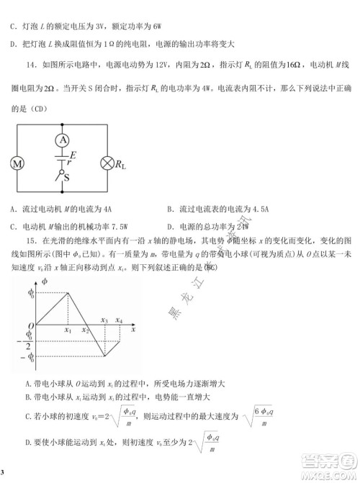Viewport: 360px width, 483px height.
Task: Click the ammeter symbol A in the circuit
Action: [x=63, y=139]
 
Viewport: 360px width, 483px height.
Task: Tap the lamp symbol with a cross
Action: [x=109, y=163]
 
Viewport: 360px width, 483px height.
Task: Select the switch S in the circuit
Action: [x=66, y=176]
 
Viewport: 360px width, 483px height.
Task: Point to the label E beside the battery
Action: [x=73, y=154]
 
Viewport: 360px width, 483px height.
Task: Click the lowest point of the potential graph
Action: [x=104, y=356]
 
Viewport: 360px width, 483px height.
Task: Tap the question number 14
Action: [x=29, y=64]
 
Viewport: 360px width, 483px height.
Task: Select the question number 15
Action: [x=31, y=239]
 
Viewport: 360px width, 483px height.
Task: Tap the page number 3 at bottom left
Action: [x=3, y=472]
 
